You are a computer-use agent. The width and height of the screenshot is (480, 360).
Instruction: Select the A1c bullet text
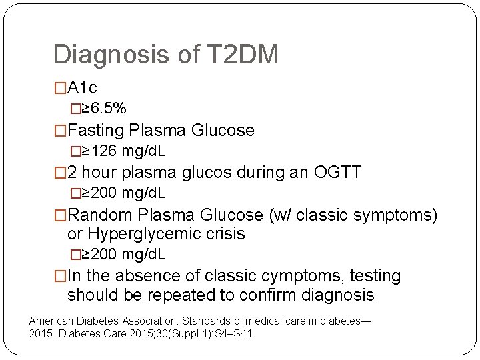83,88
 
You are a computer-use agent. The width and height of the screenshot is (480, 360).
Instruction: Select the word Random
101,215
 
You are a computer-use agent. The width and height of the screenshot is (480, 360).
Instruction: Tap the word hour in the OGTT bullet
99,173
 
